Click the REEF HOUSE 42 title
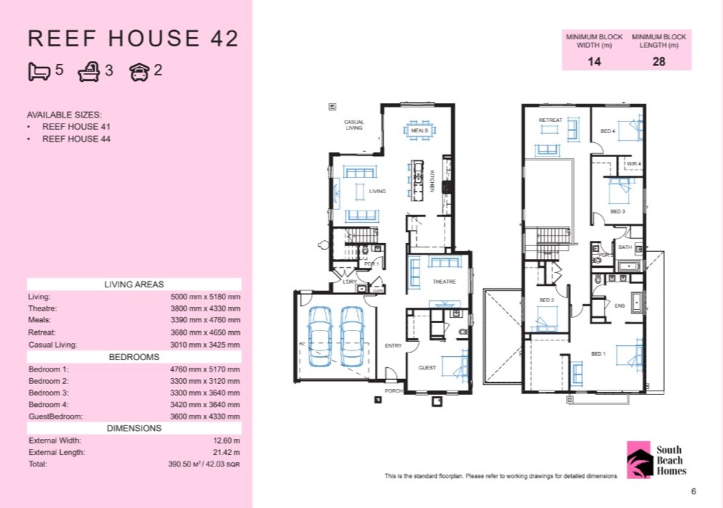pyautogui.click(x=133, y=39)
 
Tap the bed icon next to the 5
pyautogui.click(x=39, y=72)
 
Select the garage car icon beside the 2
pyautogui.click(x=139, y=72)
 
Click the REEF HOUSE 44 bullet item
pyautogui.click(x=76, y=139)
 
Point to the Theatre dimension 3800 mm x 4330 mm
pyautogui.click(x=205, y=309)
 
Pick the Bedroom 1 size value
pyautogui.click(x=205, y=369)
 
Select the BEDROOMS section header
pyautogui.click(x=134, y=357)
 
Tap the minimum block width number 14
pyautogui.click(x=593, y=61)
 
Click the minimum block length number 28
pyautogui.click(x=659, y=61)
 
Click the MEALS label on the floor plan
pyautogui.click(x=419, y=131)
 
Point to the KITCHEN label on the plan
pyautogui.click(x=432, y=182)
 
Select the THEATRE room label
pyautogui.click(x=444, y=282)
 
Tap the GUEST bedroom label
pyautogui.click(x=427, y=368)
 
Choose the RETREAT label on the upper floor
pyautogui.click(x=550, y=120)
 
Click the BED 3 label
pyautogui.click(x=617, y=212)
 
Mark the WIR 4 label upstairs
pyautogui.click(x=633, y=164)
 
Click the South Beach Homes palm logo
pyautogui.click(x=639, y=460)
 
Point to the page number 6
pyautogui.click(x=693, y=492)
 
